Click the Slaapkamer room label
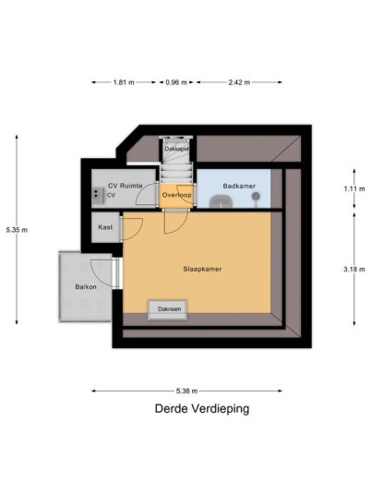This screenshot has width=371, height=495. click(202, 269)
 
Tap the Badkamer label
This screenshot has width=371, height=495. click(239, 186)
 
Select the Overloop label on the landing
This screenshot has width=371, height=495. click(176, 195)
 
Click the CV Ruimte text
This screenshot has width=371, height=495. click(126, 186)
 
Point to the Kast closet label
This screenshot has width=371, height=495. click(105, 227)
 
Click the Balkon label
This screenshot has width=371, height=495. click(86, 287)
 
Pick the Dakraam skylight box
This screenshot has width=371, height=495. click(168, 309)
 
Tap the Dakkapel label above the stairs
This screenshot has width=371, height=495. click(176, 149)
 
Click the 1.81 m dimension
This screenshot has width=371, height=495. click(124, 82)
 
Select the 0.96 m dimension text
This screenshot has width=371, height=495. click(176, 82)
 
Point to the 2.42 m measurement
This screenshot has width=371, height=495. click(239, 82)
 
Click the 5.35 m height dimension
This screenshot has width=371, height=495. click(17, 230)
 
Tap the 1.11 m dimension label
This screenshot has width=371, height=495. click(354, 188)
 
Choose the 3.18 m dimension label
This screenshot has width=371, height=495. click(354, 270)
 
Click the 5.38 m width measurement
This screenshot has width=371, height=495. click(186, 391)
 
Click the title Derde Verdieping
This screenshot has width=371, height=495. click(202, 409)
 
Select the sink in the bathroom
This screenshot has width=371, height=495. click(221, 201)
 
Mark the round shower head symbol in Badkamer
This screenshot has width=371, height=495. click(257, 197)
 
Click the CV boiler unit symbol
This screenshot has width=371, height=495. click(98, 196)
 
